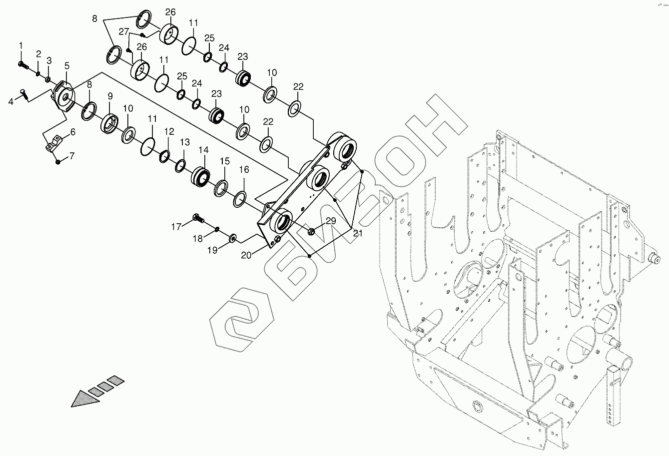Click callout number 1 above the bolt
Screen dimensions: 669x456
point(21,46)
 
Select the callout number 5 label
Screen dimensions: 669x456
point(66,66)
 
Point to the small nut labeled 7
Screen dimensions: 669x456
point(58,161)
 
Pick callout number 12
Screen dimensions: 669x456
point(169,132)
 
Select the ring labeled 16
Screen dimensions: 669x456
point(239,199)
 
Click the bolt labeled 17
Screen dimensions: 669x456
point(197,218)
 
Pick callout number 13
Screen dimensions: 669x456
point(185,142)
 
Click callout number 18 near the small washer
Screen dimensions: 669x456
point(198,239)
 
